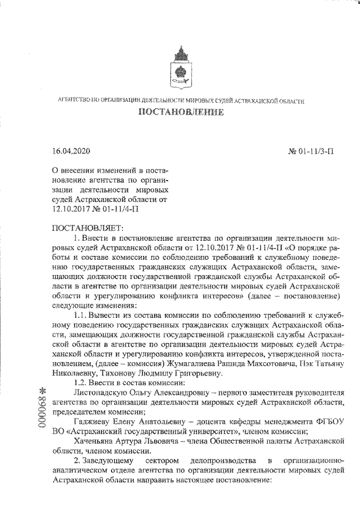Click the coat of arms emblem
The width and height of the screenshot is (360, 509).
[180, 66]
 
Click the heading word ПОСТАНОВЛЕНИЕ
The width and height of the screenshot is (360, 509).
[181, 112]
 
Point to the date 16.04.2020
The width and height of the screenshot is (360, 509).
[70, 151]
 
